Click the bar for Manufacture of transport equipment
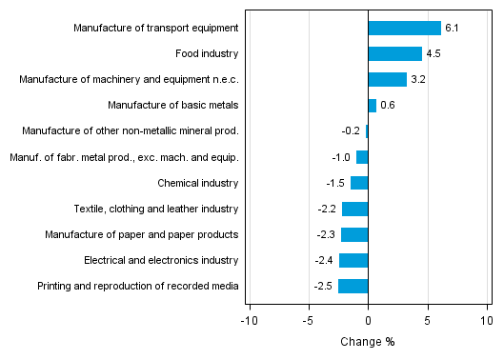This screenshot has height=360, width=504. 404,28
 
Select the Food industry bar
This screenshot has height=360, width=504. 394,53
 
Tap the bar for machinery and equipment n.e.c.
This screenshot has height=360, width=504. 387,79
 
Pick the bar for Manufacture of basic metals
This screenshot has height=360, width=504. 372,105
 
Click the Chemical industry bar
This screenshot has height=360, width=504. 359,183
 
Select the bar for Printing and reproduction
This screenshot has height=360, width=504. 353,286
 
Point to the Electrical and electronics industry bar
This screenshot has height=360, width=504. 353,260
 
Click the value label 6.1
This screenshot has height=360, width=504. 452,29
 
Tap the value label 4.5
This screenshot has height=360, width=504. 433,54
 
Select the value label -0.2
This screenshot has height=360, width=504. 351,131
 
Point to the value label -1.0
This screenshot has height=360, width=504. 341,157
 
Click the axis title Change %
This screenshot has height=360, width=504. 368,342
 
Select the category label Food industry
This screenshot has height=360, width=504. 207,54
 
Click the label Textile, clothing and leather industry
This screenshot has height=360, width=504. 156,209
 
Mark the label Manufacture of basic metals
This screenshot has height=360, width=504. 172,106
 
